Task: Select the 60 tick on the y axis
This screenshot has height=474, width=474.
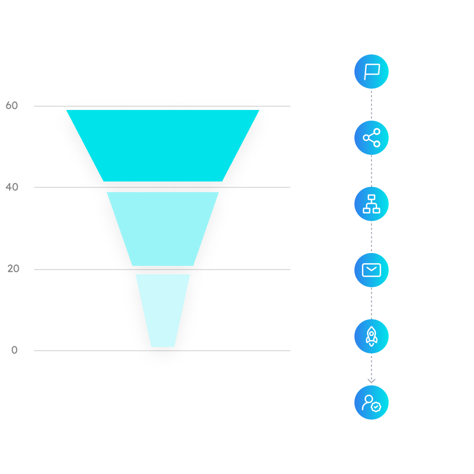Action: click(12, 106)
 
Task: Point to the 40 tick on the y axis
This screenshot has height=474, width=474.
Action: click(12, 187)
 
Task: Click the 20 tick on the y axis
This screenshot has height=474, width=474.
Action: click(13, 268)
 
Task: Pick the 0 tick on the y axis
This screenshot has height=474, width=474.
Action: click(14, 350)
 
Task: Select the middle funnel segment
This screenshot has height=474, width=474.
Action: click(163, 228)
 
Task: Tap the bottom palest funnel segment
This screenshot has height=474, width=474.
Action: click(163, 310)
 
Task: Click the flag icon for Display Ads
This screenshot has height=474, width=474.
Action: click(371, 72)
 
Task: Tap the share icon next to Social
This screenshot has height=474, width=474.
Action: click(371, 138)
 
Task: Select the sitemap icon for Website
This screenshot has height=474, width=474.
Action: click(371, 204)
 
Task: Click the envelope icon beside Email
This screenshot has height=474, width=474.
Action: click(371, 270)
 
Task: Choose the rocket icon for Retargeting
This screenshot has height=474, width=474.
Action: click(371, 336)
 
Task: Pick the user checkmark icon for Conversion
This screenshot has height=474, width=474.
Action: click(371, 402)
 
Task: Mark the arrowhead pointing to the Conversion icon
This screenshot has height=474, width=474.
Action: click(371, 380)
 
